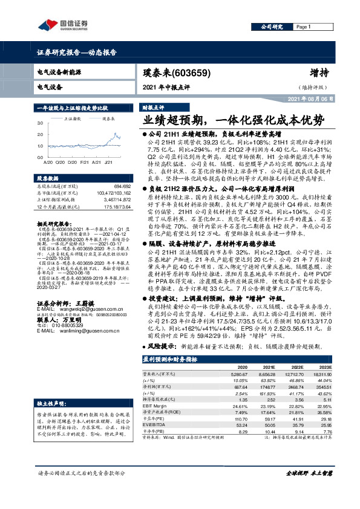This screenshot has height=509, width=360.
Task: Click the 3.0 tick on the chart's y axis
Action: [x=41, y=123]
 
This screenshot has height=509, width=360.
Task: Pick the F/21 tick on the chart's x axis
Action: [x=83, y=163]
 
